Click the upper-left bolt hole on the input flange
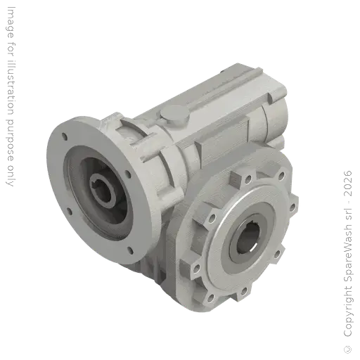(65, 137)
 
